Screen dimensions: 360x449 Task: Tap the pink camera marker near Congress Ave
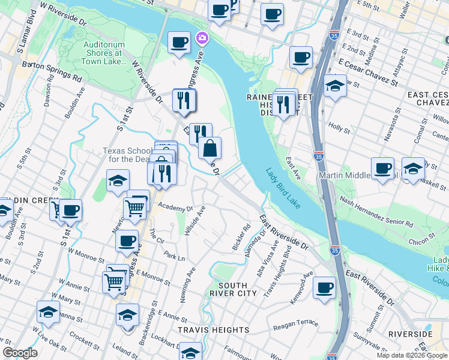point(202,38)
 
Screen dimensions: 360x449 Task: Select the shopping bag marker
point(210,148)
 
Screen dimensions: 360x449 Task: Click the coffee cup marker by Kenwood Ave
point(325,287)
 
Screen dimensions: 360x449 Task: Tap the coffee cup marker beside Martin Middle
point(382,168)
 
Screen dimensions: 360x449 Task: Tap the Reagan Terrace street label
point(296,326)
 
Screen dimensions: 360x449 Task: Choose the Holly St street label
point(339,127)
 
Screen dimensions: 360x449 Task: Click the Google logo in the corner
point(20,353)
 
